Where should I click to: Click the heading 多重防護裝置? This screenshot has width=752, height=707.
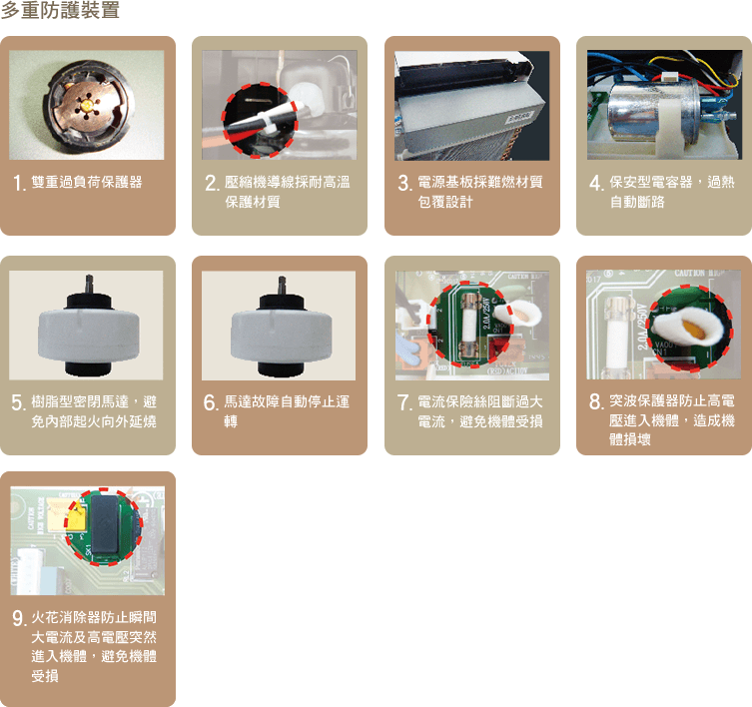(60, 10)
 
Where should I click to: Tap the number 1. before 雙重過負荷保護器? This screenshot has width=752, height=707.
(19, 183)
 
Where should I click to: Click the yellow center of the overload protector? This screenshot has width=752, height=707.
(86, 104)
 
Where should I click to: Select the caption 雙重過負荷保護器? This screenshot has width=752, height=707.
(87, 183)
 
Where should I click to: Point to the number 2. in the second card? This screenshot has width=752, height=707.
(212, 183)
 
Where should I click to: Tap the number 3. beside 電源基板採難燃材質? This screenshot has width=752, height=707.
(404, 183)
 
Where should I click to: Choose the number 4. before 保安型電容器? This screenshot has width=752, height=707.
(596, 183)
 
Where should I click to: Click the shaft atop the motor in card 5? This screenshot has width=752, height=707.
(89, 285)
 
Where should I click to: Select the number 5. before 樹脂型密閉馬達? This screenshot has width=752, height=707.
(19, 402)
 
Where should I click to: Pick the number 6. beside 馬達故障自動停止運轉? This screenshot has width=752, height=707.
(211, 402)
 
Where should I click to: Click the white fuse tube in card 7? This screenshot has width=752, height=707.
(471, 326)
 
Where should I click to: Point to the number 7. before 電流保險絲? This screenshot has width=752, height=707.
(404, 402)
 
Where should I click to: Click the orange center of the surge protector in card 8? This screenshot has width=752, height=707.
(694, 330)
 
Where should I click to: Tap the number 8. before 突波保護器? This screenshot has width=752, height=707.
(596, 402)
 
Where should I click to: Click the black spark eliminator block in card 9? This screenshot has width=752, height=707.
(105, 524)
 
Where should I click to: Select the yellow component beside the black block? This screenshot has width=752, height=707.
(77, 519)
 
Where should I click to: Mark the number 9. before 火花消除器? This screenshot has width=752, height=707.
(19, 619)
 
